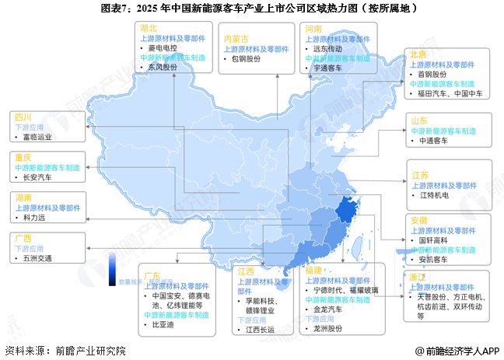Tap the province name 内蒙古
[236, 38]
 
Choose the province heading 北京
[418, 54]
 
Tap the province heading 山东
[418, 121]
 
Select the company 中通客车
[434, 141]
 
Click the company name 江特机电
[434, 195]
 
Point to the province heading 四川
[21, 116]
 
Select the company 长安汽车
[38, 177]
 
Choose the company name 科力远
[34, 218]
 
